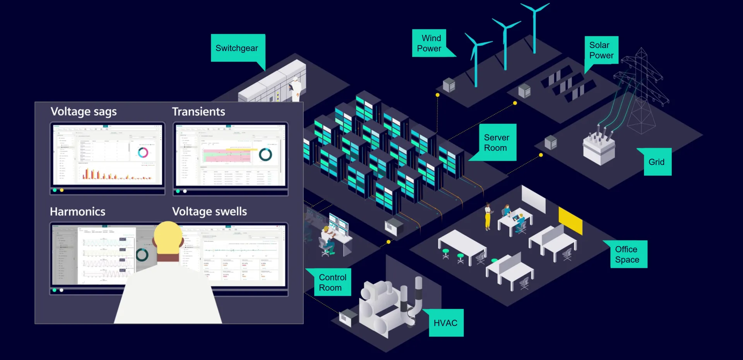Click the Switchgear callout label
point(237,48)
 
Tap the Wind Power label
point(429,43)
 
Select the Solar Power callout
point(601,50)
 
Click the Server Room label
point(496,142)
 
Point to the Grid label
point(657,162)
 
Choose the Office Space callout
point(627,254)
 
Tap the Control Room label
point(332,282)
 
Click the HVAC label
point(445,323)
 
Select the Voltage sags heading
point(84,111)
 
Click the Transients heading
point(199,111)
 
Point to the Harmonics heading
point(77,212)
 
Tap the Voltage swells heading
point(209,212)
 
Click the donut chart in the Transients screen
point(265,154)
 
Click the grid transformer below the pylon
point(599,149)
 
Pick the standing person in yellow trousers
point(488,216)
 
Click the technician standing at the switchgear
point(296,88)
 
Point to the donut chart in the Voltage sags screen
point(143,153)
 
